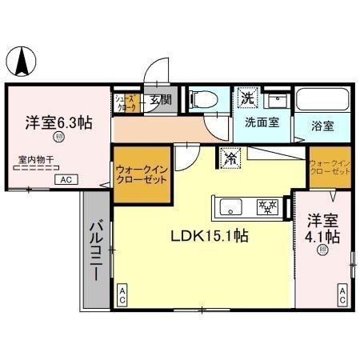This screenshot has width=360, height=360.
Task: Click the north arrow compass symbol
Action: pos(26,59)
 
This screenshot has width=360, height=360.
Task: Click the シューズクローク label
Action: pos(126,102)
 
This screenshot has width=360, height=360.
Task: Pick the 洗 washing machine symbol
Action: pos(247,98)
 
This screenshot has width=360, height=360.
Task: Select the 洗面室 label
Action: pos(261,125)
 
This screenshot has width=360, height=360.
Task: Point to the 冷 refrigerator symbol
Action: pos(230,158)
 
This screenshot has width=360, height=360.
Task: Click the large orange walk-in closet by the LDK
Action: pos(141,174)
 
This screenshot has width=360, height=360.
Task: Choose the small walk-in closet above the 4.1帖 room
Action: pos(329,166)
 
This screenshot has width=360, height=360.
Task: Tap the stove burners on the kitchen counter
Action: pos(266,207)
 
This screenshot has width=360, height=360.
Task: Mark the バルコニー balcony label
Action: pos(94,250)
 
